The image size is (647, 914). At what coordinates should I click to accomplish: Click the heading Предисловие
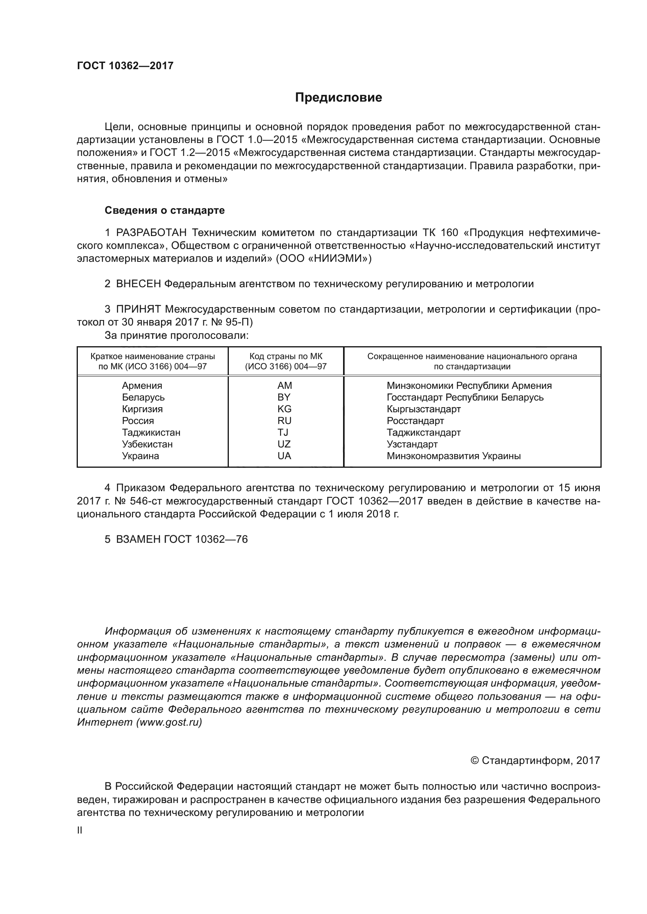(x=338, y=98)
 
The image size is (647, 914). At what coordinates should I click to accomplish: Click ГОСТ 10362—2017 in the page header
(x=125, y=66)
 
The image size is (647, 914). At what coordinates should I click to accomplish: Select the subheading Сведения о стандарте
(x=165, y=210)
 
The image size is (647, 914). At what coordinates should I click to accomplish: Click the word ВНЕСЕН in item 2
(x=138, y=284)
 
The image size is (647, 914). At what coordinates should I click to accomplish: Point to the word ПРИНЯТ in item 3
(x=138, y=309)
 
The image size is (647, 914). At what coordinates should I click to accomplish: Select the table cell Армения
(x=142, y=385)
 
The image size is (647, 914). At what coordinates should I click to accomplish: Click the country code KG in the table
(x=284, y=409)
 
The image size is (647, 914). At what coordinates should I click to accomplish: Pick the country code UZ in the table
(x=284, y=444)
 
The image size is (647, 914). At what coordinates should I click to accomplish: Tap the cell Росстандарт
(x=415, y=421)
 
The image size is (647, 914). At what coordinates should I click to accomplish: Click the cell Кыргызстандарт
(x=424, y=409)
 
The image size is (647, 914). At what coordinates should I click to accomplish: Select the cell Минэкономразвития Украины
(x=453, y=456)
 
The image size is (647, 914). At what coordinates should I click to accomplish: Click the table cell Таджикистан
(x=151, y=432)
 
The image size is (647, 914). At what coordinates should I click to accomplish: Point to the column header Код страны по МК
(x=286, y=356)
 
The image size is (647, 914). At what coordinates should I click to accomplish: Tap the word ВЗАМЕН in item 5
(x=138, y=539)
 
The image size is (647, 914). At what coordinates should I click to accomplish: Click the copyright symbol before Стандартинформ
(x=474, y=761)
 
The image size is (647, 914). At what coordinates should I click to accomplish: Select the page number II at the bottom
(x=80, y=830)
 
